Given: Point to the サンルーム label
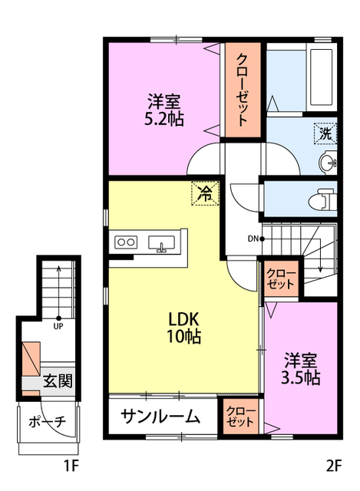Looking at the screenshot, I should pyautogui.click(x=160, y=418).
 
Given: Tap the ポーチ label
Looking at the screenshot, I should pyautogui.click(x=47, y=421).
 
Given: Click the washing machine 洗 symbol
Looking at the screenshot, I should pyautogui.click(x=325, y=133).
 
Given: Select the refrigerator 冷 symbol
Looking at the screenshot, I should pyautogui.click(x=205, y=193).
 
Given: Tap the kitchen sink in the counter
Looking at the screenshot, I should pyautogui.click(x=161, y=243).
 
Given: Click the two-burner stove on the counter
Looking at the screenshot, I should pyautogui.click(x=125, y=242).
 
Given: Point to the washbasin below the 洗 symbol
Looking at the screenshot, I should pyautogui.click(x=328, y=163).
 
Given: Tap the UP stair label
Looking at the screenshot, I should pyautogui.click(x=58, y=325).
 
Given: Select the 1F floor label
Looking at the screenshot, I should pyautogui.click(x=71, y=466).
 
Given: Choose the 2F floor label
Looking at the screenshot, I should pyautogui.click(x=332, y=466).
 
